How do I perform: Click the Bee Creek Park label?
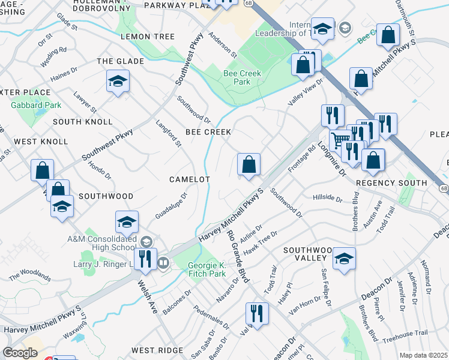(x=237, y=77)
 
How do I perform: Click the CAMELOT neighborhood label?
(x=190, y=179)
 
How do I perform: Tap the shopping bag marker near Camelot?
(x=249, y=165)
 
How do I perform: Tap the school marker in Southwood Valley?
(x=345, y=260)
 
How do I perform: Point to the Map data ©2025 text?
(x=424, y=355)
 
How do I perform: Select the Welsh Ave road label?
(x=147, y=298)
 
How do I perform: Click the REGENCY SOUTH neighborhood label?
(x=391, y=182)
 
